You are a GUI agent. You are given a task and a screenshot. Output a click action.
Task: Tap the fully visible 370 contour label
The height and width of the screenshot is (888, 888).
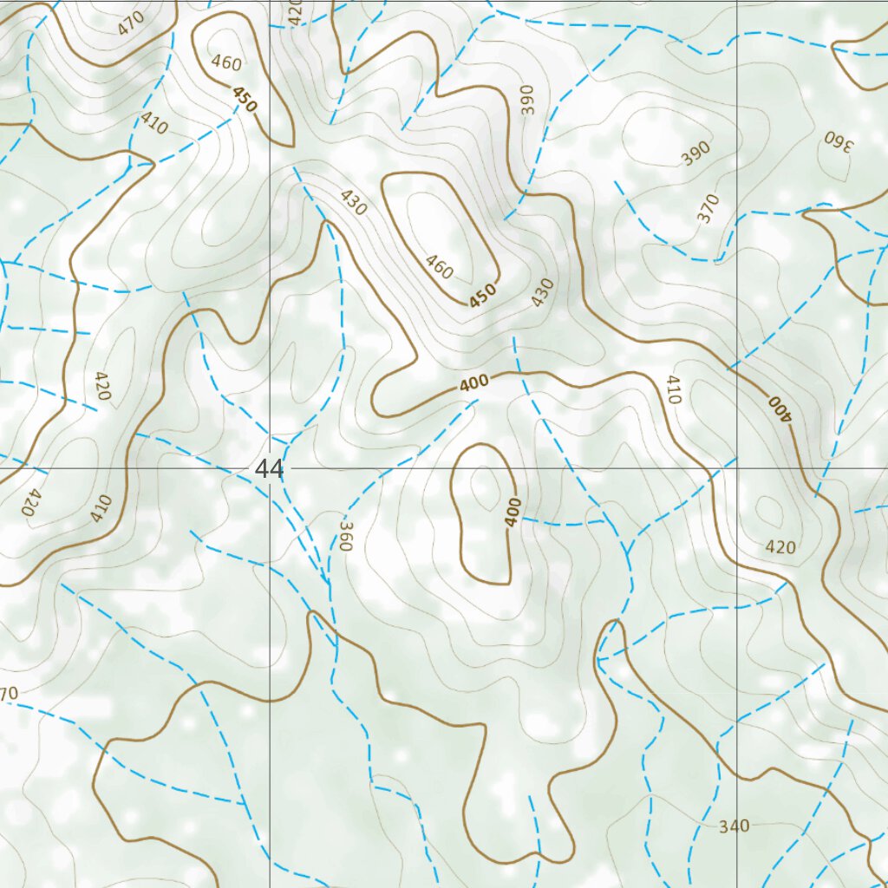(x=708, y=209)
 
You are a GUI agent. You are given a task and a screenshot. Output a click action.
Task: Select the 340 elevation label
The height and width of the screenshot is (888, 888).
(x=734, y=826)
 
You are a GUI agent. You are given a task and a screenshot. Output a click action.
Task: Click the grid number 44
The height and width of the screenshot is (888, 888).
(x=269, y=469)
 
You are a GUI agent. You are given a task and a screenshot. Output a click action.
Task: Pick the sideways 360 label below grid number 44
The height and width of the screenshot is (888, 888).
(x=345, y=537)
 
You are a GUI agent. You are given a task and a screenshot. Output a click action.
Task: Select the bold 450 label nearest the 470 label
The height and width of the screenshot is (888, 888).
(x=245, y=101)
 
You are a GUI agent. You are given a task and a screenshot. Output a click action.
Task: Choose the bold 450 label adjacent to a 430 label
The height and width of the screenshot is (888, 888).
(x=482, y=296)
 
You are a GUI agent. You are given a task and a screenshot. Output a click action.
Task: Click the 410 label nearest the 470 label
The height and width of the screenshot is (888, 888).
(x=153, y=125)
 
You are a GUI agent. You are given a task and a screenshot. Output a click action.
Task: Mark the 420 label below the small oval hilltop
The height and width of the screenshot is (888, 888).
(x=780, y=547)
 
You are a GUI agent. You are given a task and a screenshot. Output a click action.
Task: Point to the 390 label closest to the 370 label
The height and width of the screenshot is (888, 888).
(x=695, y=153)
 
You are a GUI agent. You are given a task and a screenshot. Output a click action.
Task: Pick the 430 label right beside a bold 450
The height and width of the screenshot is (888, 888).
(x=542, y=292)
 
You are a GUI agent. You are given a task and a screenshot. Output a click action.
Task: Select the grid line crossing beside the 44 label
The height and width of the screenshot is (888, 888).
(x=271, y=468)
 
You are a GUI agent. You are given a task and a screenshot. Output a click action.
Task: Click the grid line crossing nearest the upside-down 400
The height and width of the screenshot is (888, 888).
(x=736, y=468)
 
